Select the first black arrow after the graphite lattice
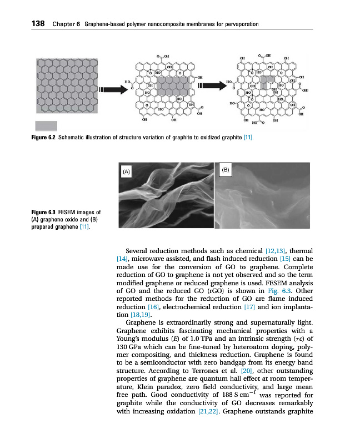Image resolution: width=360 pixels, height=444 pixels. (111, 89)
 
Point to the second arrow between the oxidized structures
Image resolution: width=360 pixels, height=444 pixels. (211, 86)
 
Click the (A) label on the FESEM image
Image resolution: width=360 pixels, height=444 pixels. (127, 172)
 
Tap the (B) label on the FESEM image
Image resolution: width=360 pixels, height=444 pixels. (226, 169)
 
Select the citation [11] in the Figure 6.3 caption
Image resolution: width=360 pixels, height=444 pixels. (84, 226)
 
